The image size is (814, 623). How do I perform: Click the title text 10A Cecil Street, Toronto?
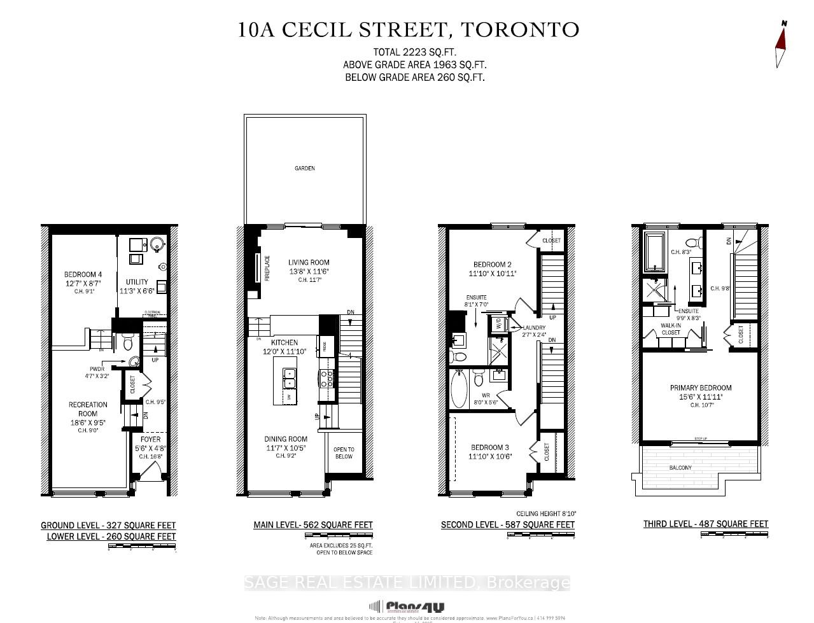point(408,30)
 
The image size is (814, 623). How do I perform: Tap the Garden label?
point(304,169)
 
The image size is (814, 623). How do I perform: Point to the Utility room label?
point(137,282)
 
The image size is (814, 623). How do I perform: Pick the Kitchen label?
point(284,342)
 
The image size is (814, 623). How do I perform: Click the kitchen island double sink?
point(289,379)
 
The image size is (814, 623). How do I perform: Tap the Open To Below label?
point(344,452)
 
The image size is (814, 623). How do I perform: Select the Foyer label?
point(151,439)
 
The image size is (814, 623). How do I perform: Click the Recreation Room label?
point(88,409)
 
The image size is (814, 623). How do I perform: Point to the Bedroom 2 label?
point(492,265)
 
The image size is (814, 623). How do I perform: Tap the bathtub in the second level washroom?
point(458,388)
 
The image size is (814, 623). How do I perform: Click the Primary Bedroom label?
point(701,388)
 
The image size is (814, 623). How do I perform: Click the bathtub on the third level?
point(655,252)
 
